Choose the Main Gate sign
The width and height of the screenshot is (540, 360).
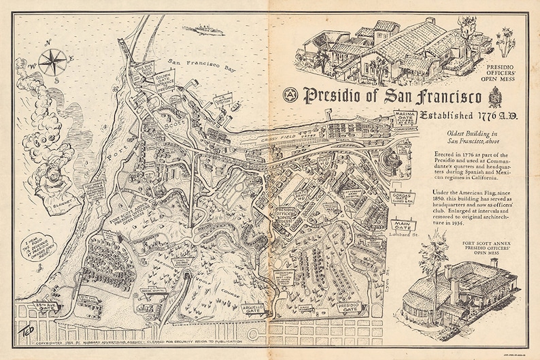[x=405, y=222]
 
